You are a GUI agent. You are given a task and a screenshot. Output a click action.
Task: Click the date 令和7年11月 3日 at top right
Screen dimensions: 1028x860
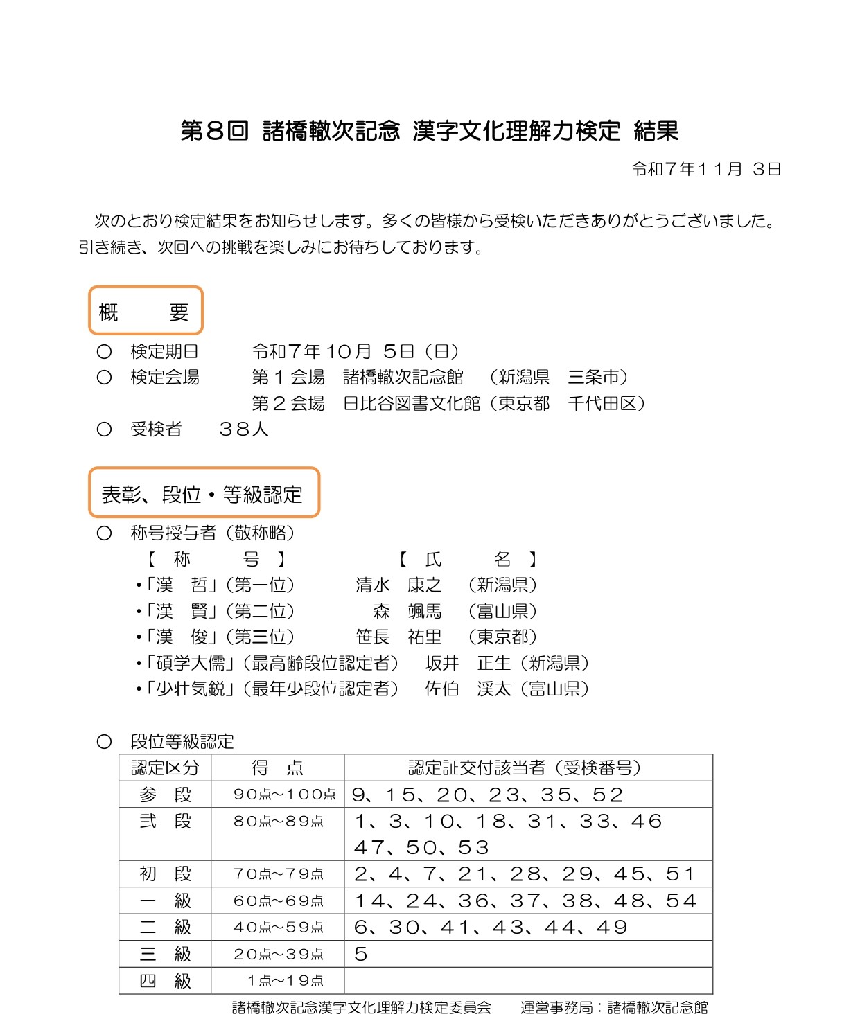pos(706,169)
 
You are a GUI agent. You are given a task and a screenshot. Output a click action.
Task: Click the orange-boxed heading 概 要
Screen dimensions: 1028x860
pos(145,312)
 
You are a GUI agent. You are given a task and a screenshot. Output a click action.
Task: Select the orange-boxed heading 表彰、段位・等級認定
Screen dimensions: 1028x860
pos(203,494)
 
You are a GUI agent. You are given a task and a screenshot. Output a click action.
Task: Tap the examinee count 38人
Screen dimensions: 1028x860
pos(243,429)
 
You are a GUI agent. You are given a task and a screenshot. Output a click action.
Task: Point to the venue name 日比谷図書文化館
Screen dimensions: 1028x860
pos(412,403)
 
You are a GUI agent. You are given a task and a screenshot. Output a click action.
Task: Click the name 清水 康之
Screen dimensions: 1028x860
pos(398,585)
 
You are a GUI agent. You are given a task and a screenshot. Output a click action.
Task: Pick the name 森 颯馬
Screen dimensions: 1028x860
pos(407,611)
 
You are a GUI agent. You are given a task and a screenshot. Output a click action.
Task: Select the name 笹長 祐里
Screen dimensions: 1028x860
pos(398,637)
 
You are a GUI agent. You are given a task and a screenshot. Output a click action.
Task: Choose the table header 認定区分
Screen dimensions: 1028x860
pos(165,768)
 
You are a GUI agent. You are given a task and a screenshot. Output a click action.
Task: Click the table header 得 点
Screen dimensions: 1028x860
pos(277,768)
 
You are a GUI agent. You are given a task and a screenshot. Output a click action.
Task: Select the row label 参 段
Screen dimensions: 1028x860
pos(165,795)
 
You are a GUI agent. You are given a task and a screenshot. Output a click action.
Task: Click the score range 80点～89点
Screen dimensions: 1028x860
pos(278,822)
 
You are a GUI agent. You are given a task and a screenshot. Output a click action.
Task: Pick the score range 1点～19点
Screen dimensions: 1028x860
pos(285,981)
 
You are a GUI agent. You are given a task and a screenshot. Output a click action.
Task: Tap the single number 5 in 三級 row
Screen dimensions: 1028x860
pos(360,955)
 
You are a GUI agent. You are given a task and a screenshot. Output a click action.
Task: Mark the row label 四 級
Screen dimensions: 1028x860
pos(165,981)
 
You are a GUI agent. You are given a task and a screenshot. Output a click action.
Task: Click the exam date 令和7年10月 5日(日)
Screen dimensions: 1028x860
pos(356,351)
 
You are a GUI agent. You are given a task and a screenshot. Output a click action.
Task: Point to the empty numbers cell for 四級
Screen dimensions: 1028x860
pos(528,981)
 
